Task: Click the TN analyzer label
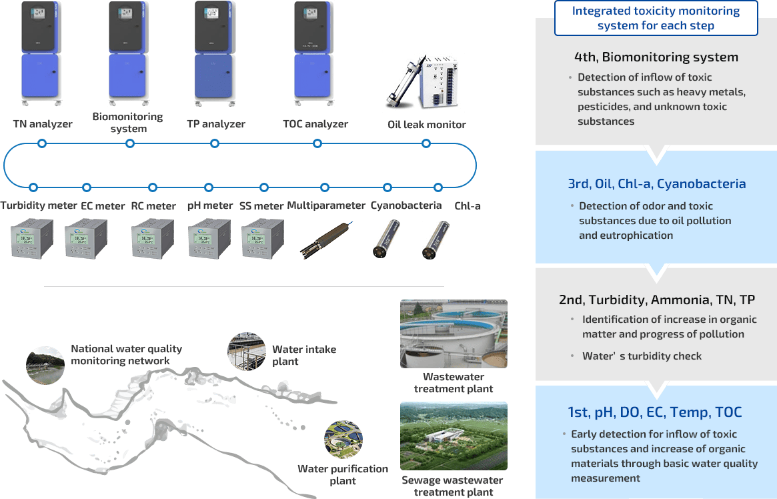coord(43,124)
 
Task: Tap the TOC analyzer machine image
coord(314,53)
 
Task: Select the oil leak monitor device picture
coord(422,83)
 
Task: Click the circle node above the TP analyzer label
coord(215,143)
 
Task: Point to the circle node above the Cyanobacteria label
coord(387,187)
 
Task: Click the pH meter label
coord(210,205)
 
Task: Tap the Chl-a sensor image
coord(436,240)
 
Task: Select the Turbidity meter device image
coord(32,238)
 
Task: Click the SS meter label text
coord(261,205)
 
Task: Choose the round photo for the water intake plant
coord(247,352)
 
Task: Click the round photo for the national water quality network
coord(45,365)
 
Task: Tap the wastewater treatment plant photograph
coord(454,334)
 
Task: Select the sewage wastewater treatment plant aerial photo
coord(454,436)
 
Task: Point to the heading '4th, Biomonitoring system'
coord(656,57)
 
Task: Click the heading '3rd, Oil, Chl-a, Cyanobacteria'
coord(656,184)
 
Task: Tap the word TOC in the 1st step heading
coord(728,412)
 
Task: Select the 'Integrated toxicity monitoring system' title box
coord(656,18)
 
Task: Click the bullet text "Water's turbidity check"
coord(642,356)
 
